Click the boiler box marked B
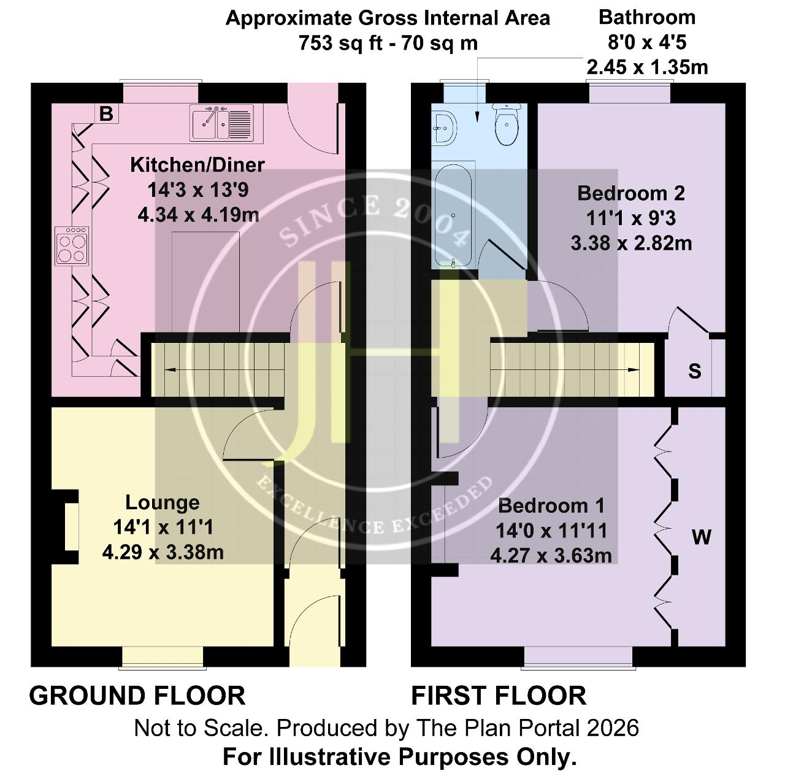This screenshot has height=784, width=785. click(107, 113)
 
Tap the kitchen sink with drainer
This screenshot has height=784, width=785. click(221, 123)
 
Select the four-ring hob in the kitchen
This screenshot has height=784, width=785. click(72, 246)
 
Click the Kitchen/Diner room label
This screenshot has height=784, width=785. click(197, 165)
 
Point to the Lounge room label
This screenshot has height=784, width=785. click(162, 502)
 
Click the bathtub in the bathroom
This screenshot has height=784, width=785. click(453, 215)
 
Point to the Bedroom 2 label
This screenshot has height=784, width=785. click(631, 193)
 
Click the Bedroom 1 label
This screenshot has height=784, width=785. click(551, 505)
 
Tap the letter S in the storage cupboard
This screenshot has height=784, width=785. click(695, 371)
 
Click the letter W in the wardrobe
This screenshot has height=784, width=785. click(702, 537)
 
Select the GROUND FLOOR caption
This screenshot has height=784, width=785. click(137, 696)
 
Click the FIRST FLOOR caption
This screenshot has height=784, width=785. click(499, 696)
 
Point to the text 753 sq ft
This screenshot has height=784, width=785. click(331, 43)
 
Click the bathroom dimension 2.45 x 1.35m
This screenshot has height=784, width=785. click(647, 67)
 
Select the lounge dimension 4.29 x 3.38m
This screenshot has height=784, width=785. click(163, 553)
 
